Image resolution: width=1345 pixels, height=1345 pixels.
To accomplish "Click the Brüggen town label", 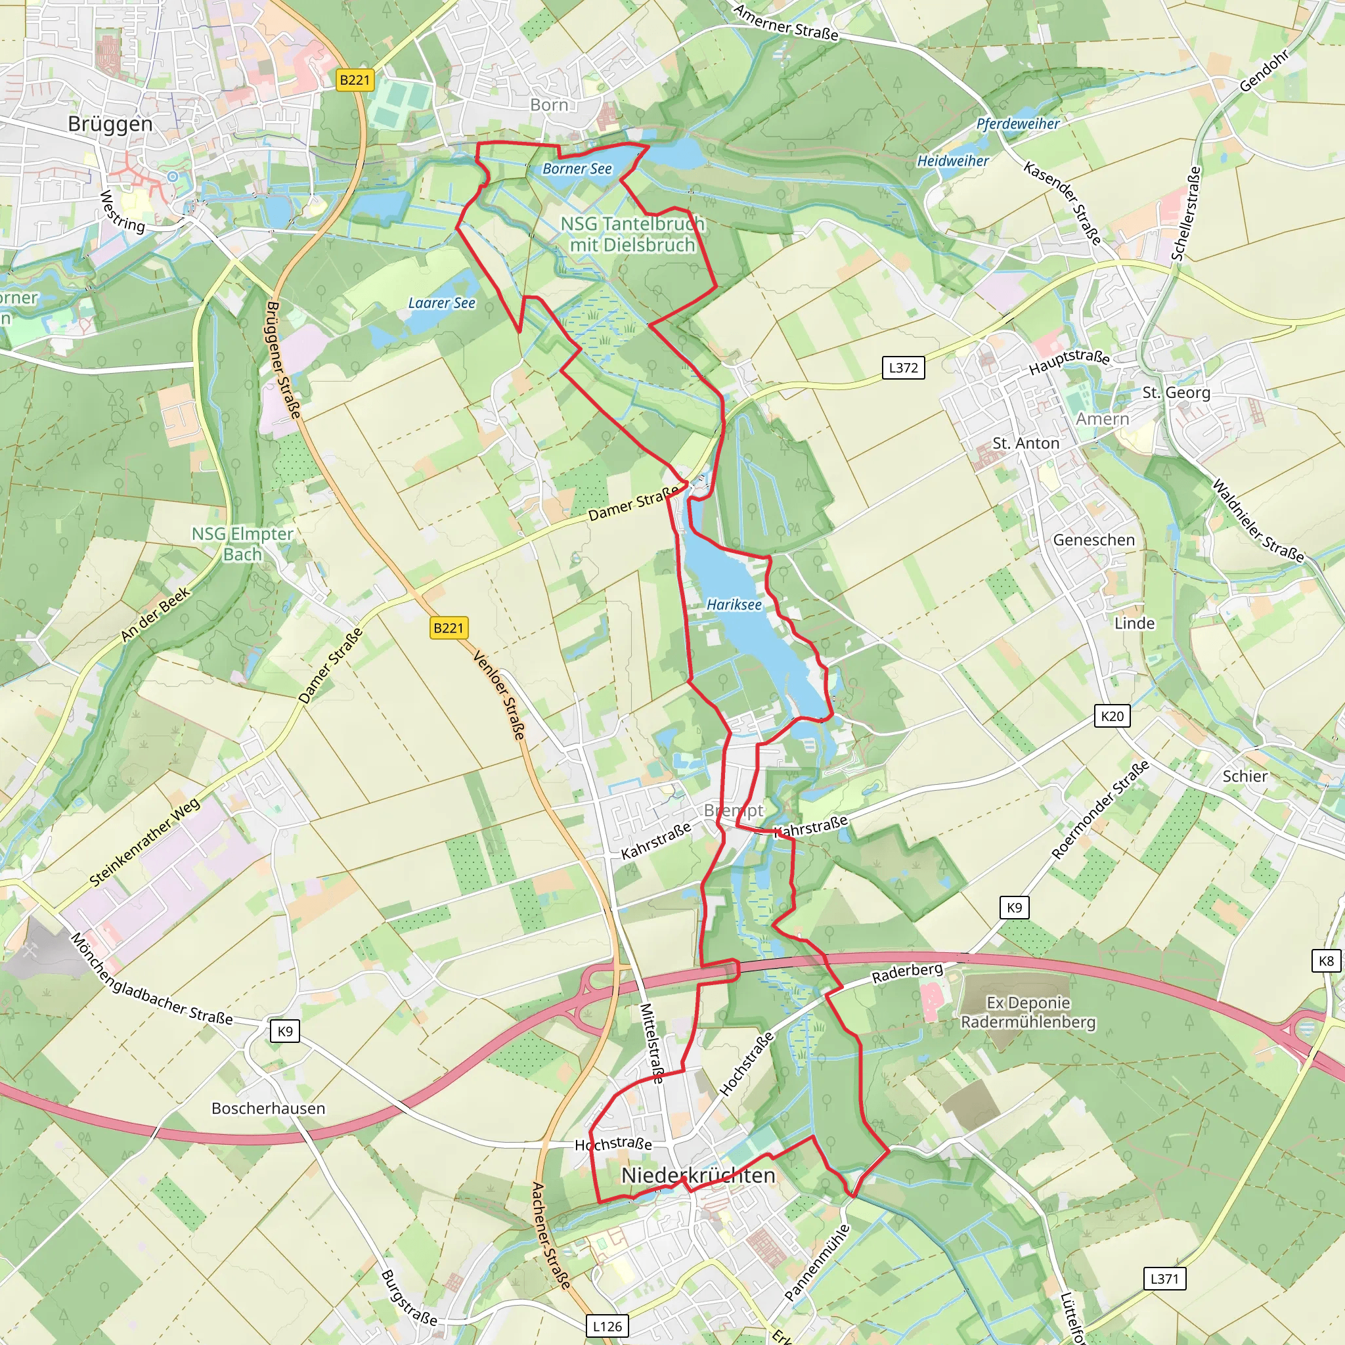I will (x=110, y=124).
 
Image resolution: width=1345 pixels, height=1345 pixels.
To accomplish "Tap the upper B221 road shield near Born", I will (x=355, y=80).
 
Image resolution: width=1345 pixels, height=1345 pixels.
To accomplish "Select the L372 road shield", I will (x=903, y=368).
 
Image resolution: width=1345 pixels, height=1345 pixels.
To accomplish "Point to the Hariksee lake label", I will (x=734, y=605).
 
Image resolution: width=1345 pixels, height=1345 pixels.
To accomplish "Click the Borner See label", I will (x=577, y=169).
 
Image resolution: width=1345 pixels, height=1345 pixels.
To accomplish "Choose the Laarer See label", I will (x=441, y=303).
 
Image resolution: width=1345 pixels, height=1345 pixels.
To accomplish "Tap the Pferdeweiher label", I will (x=1018, y=124).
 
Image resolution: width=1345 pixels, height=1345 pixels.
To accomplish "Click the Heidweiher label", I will (x=952, y=161).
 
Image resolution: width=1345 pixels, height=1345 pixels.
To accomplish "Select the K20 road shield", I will (x=1112, y=717).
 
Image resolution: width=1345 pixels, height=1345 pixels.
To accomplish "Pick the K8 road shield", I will (x=1326, y=961).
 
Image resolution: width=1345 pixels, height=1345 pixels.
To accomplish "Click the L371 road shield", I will (x=1164, y=1278).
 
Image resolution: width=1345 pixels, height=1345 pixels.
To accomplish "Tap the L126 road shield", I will (x=607, y=1326).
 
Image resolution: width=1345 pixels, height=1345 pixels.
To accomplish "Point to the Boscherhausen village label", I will (x=268, y=1109).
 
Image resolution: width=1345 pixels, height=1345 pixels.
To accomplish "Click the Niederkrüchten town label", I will (x=697, y=1176).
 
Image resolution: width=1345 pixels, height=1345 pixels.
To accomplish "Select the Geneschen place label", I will (x=1093, y=540).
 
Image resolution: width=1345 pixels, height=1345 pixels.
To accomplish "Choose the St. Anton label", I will (x=1025, y=443).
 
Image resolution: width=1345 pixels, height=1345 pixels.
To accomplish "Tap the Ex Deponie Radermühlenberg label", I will (x=1028, y=1012).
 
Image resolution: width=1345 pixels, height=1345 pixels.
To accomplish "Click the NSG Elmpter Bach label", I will (x=242, y=544).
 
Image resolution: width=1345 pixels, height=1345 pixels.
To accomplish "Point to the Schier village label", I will (x=1245, y=776).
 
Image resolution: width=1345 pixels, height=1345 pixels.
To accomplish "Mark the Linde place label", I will (x=1134, y=624).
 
